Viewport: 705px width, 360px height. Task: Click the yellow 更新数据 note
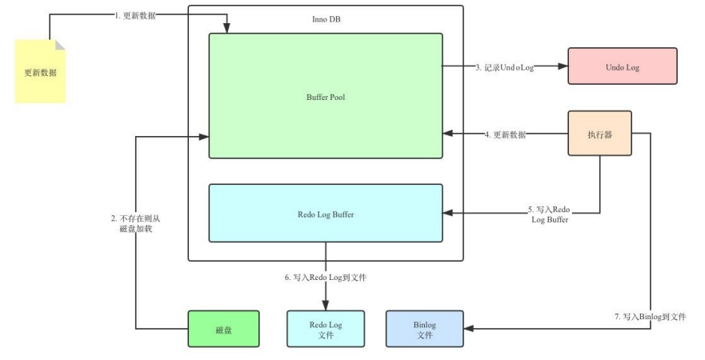(x=40, y=72)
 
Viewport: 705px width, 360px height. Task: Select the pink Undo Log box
(x=622, y=66)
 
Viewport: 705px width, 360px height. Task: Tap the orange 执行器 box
(x=599, y=133)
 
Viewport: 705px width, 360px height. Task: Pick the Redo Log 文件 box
(x=325, y=329)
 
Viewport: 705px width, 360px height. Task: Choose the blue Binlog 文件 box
(x=424, y=329)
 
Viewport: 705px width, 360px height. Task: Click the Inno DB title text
(x=326, y=18)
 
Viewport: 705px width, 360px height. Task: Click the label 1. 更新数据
(x=135, y=16)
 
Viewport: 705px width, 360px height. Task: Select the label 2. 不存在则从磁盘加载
(x=137, y=224)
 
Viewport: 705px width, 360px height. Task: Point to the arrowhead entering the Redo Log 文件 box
(x=326, y=306)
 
